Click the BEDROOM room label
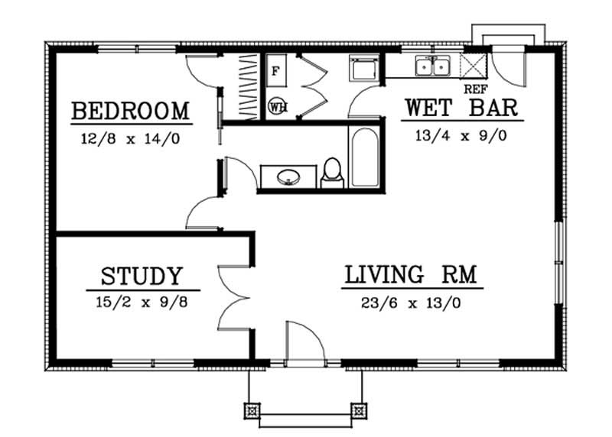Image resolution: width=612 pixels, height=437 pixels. (130, 112)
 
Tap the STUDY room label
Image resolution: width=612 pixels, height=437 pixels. (142, 276)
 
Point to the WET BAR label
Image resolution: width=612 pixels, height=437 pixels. (461, 107)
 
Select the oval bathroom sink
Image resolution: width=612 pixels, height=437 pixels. (288, 176)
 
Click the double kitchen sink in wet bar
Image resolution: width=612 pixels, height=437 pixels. (432, 67)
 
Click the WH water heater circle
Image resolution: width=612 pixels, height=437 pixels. (277, 107)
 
